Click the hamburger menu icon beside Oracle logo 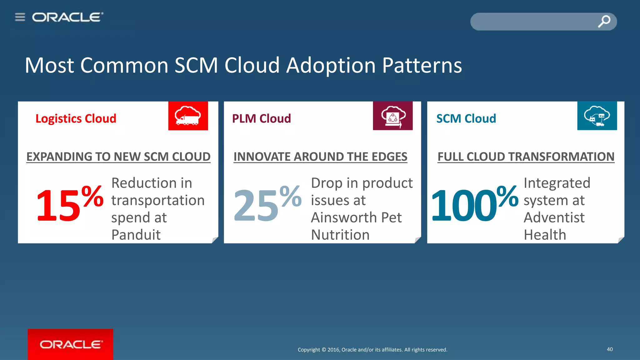pos(20,17)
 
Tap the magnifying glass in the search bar pos(604,21)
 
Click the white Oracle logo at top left pos(67,17)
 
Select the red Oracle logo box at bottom pos(70,344)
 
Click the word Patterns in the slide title pos(422,66)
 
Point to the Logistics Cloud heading pos(76,119)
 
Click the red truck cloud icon pos(188,116)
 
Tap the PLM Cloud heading pos(261,119)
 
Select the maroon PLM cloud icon pos(392,116)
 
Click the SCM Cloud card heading pos(466,119)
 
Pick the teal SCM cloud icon pos(597,116)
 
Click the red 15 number pos(58,206)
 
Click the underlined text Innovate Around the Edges pos(320,157)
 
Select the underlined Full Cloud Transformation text pos(526,157)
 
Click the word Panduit pos(136,235)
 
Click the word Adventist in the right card pos(554,217)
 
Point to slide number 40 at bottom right pos(610,349)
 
